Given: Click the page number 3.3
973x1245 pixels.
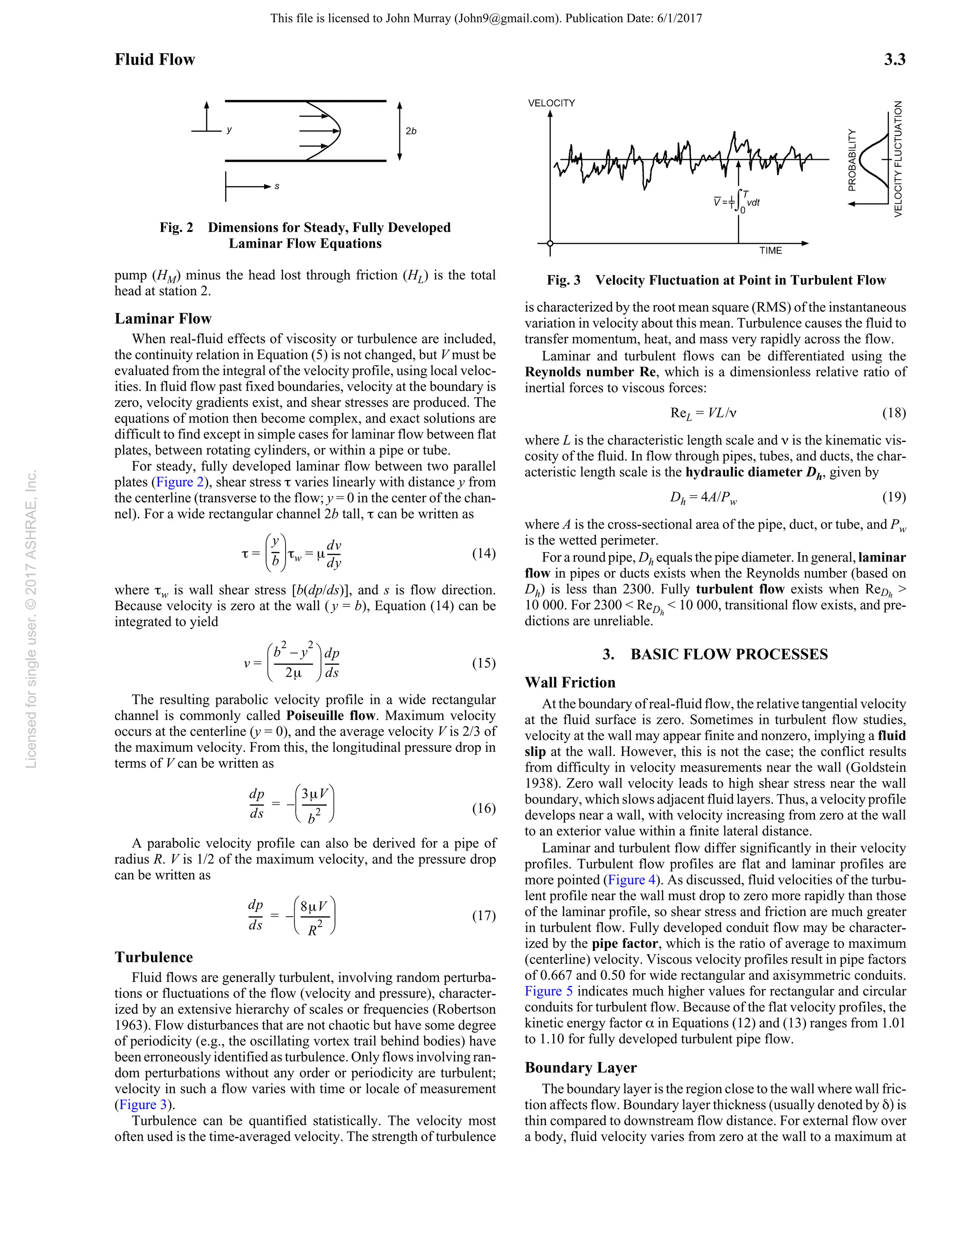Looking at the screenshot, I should pos(894,59).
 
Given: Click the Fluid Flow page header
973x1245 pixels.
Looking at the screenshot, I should pos(154,59).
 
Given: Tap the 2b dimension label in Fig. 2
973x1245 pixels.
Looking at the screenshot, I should pos(411,131).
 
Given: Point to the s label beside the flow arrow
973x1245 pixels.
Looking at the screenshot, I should pos(277,186).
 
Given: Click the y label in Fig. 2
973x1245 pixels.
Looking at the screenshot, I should pos(229,130).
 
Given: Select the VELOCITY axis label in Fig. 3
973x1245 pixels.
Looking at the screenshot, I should pos(551,103).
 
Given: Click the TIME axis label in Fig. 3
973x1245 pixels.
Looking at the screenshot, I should pos(770,251).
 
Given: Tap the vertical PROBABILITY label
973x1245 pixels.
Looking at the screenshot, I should pos(852,160).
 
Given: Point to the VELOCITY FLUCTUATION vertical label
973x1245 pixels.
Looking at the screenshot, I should pos(899,159).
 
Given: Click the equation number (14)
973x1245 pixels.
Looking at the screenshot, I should pos(483,554).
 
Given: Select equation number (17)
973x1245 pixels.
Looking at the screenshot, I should pos(483,916).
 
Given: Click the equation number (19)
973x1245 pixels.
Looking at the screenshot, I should pos(894,497).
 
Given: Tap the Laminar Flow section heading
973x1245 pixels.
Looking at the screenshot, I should pos(163,319).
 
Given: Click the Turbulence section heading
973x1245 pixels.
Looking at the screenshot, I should pos(154,957).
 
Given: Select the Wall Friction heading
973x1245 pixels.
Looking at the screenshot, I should pos(570,683).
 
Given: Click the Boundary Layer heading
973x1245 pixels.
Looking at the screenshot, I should pos(580,1068).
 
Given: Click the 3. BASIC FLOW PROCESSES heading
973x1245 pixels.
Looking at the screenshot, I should pos(715,654).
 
